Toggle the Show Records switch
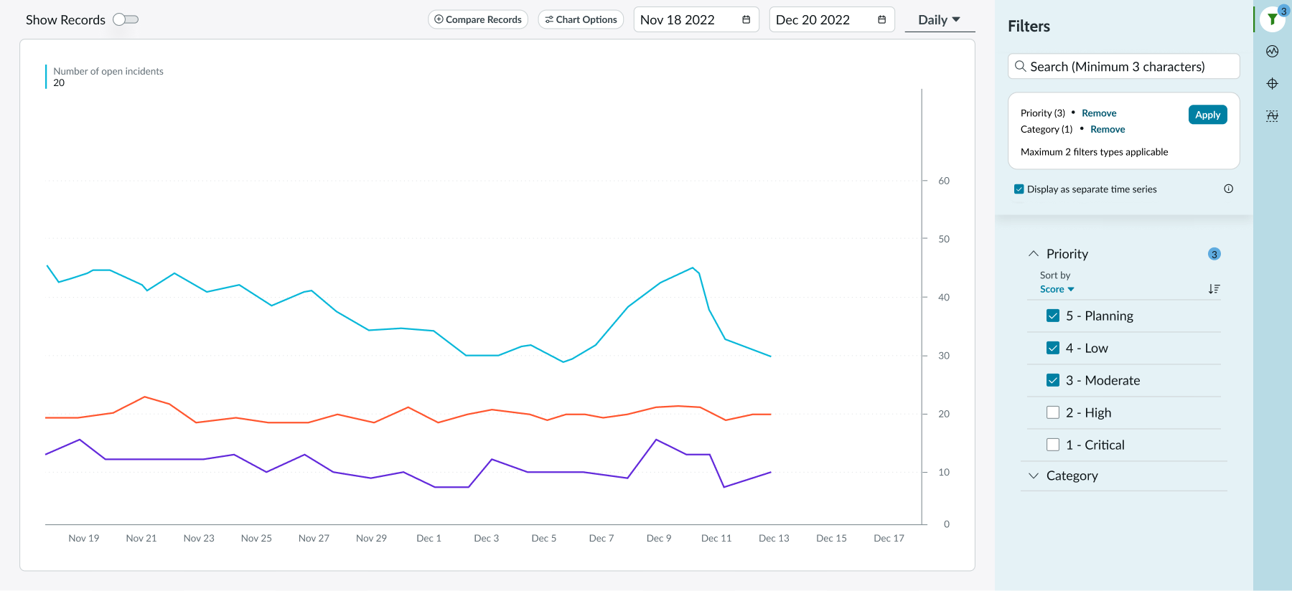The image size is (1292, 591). (x=126, y=19)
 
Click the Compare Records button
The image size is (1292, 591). (x=478, y=19)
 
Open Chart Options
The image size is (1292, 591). (x=581, y=19)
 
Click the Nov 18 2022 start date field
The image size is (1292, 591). (x=695, y=20)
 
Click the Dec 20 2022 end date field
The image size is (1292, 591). (x=830, y=20)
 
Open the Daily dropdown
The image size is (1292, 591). (x=939, y=20)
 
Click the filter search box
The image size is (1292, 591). (x=1124, y=67)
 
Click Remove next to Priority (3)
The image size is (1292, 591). (x=1099, y=113)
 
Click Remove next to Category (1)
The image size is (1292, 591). (x=1108, y=130)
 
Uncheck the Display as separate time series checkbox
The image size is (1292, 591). (x=1019, y=189)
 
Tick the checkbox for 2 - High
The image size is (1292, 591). (x=1053, y=412)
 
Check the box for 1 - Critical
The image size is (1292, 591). (x=1053, y=445)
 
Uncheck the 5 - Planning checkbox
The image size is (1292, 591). (x=1053, y=316)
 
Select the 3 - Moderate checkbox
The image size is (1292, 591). (x=1053, y=380)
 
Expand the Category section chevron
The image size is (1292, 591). (x=1034, y=476)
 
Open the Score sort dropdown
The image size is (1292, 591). (x=1057, y=290)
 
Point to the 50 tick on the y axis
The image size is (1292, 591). (x=944, y=239)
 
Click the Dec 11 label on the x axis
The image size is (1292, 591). (x=716, y=538)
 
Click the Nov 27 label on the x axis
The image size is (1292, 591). (x=314, y=538)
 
